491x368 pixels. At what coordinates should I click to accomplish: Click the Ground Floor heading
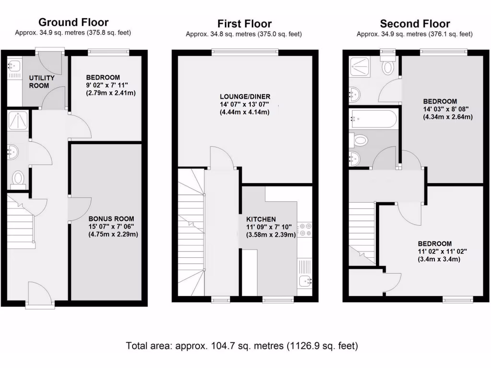click(73, 22)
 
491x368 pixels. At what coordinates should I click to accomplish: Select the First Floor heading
click(245, 23)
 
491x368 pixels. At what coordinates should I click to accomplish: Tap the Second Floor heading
click(414, 23)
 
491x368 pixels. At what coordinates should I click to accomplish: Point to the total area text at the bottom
click(242, 345)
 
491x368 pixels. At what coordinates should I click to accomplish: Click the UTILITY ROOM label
click(42, 81)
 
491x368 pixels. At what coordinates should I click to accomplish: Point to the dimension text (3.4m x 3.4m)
click(439, 259)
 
